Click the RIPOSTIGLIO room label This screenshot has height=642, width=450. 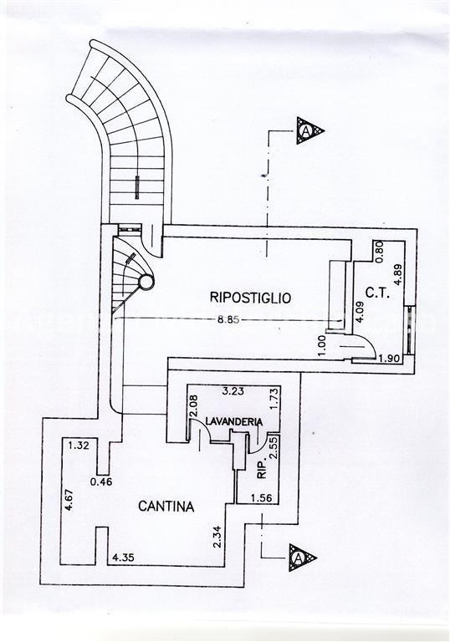250,298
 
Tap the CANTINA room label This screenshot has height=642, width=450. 166,507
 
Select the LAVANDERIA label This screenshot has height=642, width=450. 234,421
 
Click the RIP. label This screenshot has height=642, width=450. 262,468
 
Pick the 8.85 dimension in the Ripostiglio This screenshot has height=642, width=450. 228,320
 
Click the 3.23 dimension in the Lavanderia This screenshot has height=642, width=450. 233,391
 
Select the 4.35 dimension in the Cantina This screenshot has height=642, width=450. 123,558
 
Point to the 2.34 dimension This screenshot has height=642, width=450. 217,537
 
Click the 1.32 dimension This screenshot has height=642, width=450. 79,445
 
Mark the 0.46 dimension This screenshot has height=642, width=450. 101,481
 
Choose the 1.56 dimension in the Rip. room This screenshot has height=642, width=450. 262,498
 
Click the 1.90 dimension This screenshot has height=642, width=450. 389,359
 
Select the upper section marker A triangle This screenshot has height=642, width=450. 308,131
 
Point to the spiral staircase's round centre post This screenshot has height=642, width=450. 146,282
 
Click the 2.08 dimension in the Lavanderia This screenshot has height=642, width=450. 194,405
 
